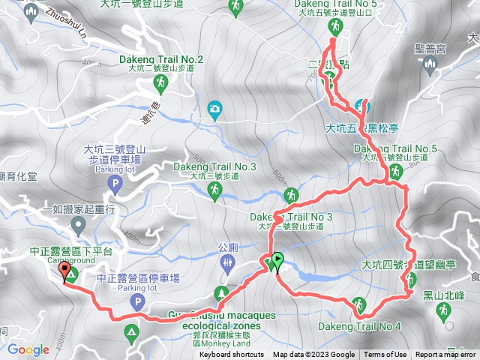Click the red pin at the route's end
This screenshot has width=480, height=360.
[63, 271]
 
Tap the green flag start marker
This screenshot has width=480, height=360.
[277, 261]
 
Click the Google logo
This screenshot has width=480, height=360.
[28, 349]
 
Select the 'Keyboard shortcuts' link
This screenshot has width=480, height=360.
[232, 355]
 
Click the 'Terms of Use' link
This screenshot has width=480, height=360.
[385, 355]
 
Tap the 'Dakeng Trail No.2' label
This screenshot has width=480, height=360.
[161, 59]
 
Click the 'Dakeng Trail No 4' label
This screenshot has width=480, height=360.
[359, 326]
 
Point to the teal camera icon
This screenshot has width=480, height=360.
[215, 109]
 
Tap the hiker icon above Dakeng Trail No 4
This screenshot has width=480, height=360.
[359, 304]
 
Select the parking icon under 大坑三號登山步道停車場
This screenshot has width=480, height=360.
[114, 183]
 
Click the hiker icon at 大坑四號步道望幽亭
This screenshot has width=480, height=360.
[411, 280]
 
